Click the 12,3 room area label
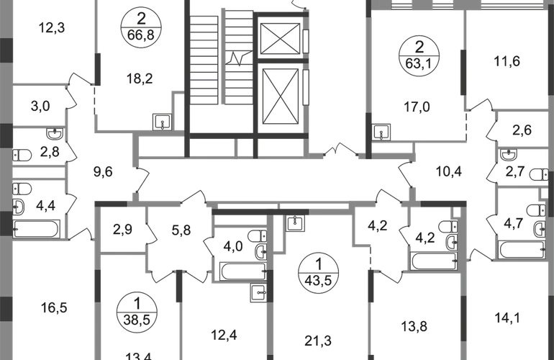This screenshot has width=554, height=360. [34, 29]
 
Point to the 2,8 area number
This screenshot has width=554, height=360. [49, 152]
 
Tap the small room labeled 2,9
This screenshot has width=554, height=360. [119, 230]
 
